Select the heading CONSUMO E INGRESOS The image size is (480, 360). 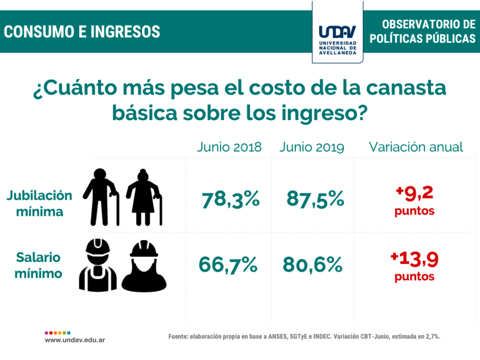pos(82,32)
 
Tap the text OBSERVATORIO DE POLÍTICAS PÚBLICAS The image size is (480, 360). pos(422,32)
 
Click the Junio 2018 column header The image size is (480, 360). pos(229,147)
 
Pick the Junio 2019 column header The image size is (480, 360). pos(312,147)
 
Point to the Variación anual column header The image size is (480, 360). pos(416,147)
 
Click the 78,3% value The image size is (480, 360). pos(231,200)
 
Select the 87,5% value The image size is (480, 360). pos(315,200)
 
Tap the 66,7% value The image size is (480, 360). pos(228,265)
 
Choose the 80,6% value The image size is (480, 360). pos(313,265)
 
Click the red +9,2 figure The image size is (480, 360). pos(414,193)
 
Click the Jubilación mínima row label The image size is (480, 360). pos(39,203)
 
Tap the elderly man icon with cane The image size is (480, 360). pos(101,197)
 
